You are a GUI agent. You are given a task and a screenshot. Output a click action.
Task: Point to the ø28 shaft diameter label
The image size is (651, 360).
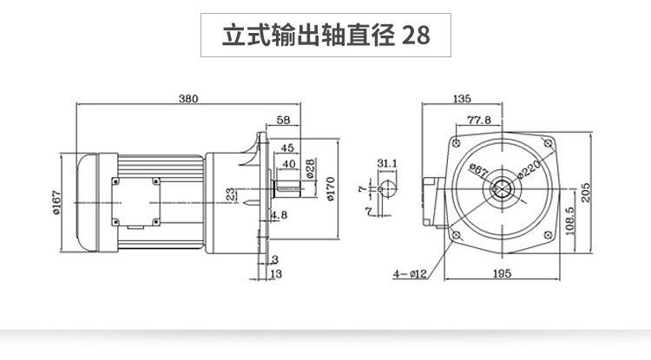click(309, 165)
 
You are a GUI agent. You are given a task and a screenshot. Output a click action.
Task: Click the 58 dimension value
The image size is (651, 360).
click(283, 120)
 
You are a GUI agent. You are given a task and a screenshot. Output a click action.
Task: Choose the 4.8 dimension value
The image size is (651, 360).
click(279, 214)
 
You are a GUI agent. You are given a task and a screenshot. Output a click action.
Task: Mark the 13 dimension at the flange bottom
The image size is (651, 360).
click(275, 274)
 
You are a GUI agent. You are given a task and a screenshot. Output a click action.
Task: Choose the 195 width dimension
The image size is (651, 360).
click(500, 273)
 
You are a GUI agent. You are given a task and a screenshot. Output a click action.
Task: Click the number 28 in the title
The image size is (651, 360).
click(415, 37)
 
